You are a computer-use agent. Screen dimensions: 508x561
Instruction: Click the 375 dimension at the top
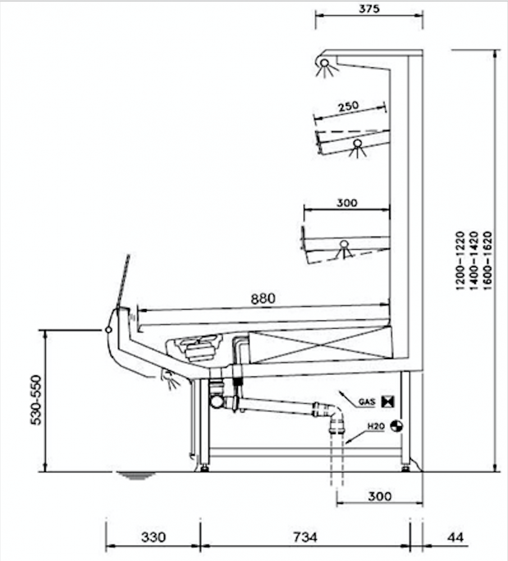click(x=369, y=8)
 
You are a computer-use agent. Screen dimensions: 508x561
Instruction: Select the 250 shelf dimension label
click(x=348, y=106)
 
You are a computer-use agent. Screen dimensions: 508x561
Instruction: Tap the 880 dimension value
click(x=263, y=298)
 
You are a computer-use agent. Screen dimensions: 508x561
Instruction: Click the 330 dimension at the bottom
click(x=153, y=537)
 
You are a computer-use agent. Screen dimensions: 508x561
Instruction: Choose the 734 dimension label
click(x=305, y=537)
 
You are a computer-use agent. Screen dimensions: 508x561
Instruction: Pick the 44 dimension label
click(x=455, y=537)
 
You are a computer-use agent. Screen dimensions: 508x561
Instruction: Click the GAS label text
click(x=367, y=402)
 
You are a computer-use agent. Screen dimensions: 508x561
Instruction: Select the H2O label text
click(x=376, y=426)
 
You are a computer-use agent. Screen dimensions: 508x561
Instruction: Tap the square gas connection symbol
click(x=387, y=402)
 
